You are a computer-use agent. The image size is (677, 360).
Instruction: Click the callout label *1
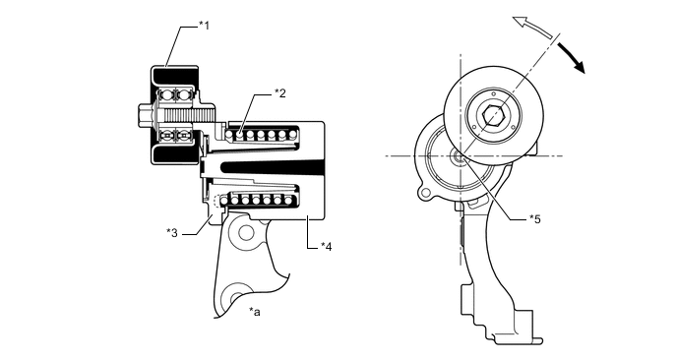click(204, 26)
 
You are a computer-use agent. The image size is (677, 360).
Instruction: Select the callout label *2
click(280, 92)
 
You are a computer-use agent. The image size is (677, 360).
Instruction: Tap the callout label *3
click(172, 233)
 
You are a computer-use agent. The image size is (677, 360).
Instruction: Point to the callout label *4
click(327, 247)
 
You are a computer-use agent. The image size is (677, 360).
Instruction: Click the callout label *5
click(535, 219)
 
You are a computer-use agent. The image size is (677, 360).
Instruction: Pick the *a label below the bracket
click(255, 311)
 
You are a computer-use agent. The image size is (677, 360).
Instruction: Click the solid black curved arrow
click(572, 57)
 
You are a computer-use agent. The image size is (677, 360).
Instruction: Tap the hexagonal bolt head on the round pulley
click(494, 115)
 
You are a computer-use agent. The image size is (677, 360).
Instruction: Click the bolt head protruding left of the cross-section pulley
click(143, 115)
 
